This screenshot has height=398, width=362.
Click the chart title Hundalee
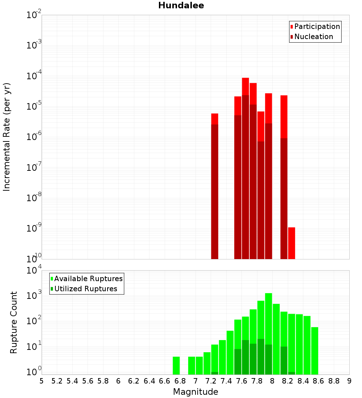coord(181,5)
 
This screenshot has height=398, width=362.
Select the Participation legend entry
coord(317,26)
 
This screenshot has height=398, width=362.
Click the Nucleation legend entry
coord(313,37)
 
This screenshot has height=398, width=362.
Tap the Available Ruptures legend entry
coord(88,279)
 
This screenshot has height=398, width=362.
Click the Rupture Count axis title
coord(14,322)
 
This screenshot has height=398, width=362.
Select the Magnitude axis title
coord(195,392)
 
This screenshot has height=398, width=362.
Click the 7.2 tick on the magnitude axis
coord(211,381)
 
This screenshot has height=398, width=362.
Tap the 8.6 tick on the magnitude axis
coord(319,381)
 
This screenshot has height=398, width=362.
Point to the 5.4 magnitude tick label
coord(72,381)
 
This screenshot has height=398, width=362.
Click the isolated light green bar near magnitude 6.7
coord(176,365)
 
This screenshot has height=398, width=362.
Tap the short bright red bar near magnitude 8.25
coord(291,243)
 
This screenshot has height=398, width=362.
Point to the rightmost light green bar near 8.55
coord(315,351)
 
